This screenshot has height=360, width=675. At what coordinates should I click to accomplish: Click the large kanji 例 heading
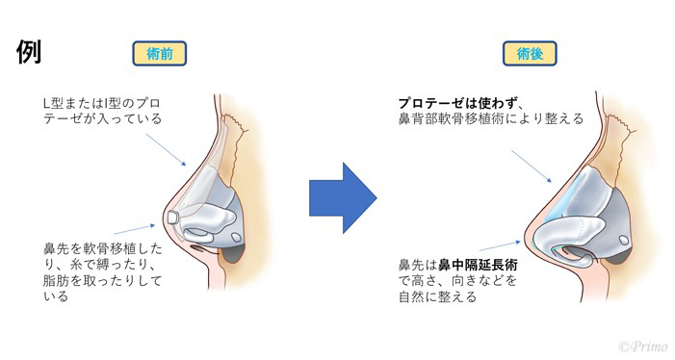(x=28, y=53)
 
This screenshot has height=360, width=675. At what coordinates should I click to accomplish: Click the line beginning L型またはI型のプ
(x=102, y=102)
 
